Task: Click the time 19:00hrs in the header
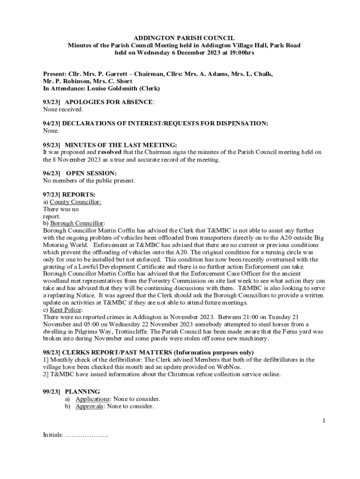point(239,53)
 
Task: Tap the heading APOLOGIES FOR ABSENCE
point(109,102)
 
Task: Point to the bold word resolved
point(110,152)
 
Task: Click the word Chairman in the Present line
point(152,74)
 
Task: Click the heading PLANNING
point(82,392)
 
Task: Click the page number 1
point(323,421)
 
